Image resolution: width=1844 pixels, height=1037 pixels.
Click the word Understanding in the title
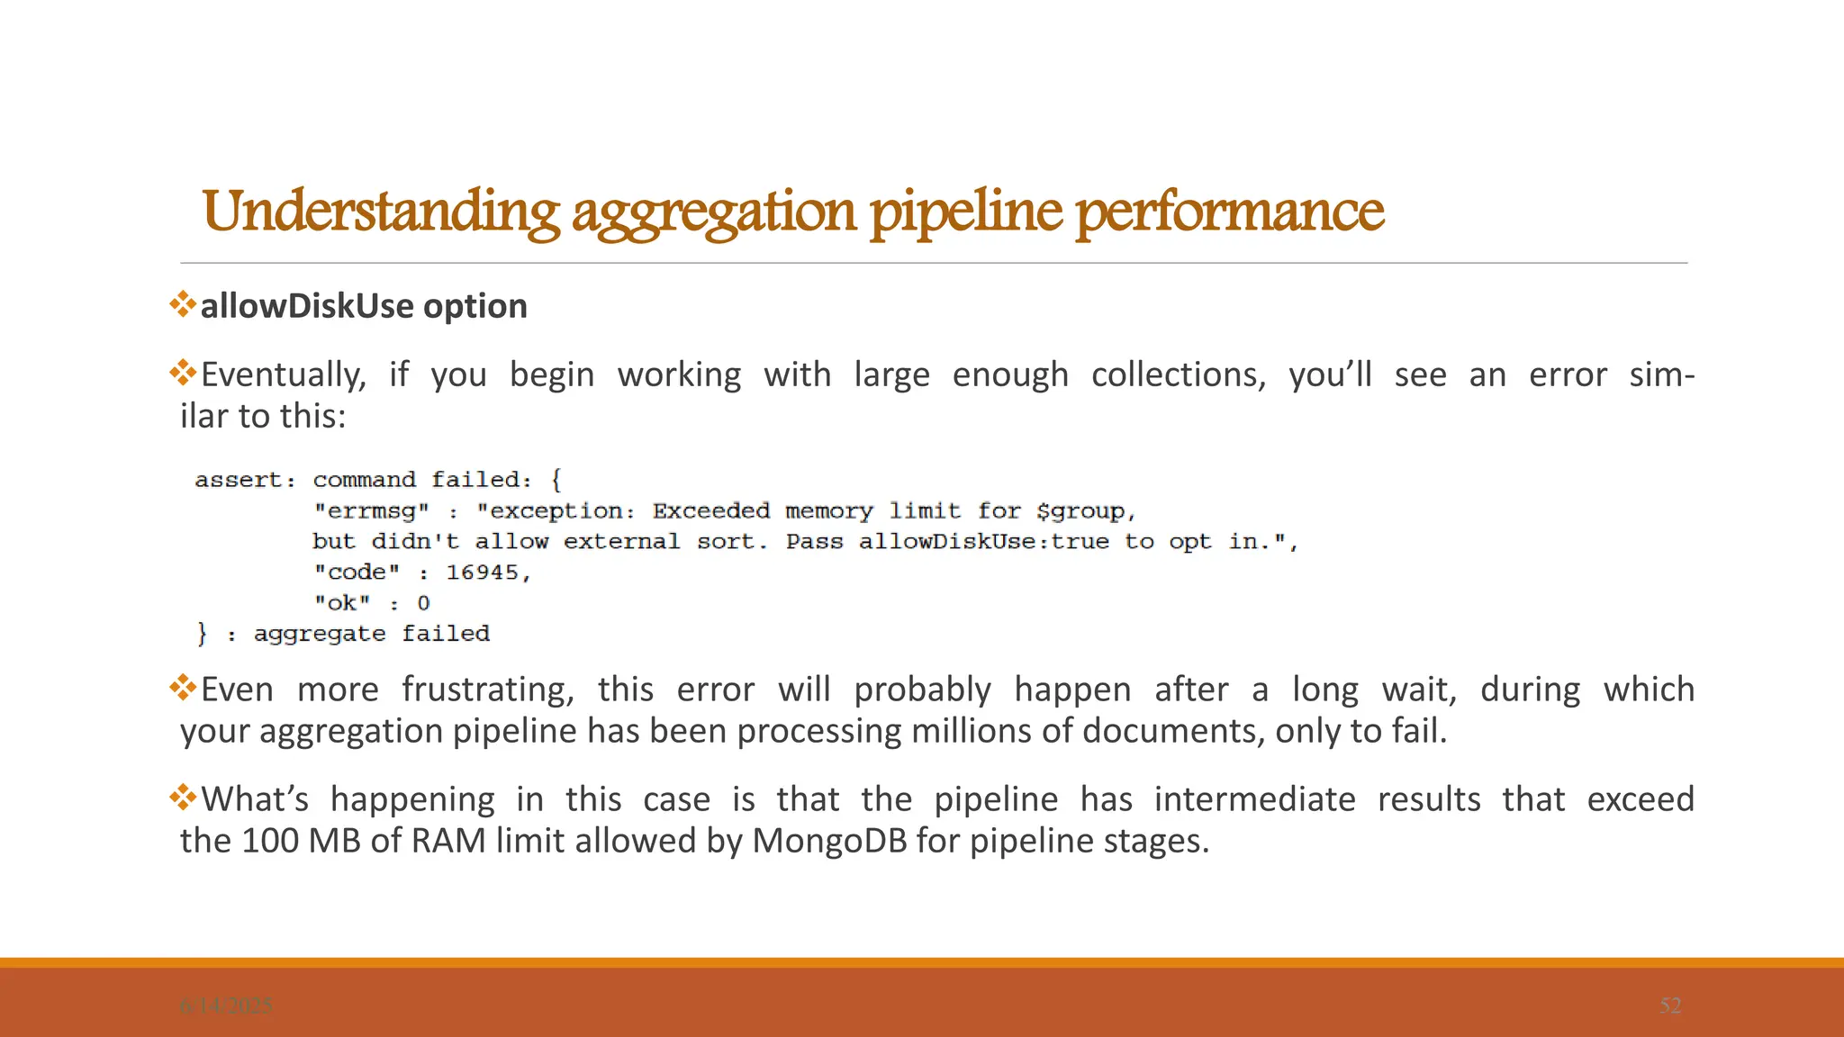coord(381,212)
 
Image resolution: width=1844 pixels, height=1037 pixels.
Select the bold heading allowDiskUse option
coord(363,306)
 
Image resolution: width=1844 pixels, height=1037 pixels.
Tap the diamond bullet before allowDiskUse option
coord(183,304)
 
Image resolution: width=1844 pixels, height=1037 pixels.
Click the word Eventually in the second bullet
coord(283,374)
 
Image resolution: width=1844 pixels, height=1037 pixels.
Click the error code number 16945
coord(483,573)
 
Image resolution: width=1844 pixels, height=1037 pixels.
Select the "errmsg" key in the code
coord(371,511)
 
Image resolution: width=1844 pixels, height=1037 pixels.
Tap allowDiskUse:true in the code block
coord(983,542)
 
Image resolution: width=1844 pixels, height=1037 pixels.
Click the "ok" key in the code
coord(342,603)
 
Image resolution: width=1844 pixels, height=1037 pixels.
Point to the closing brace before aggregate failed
coord(202,634)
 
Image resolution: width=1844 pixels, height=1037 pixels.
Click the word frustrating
coord(487,690)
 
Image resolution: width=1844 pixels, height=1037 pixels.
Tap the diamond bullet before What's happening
coord(183,798)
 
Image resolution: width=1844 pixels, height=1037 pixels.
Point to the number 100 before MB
coord(270,841)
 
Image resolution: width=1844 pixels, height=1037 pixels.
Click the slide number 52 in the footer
coord(1670,1005)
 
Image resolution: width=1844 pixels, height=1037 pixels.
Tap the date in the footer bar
coord(225,1005)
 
